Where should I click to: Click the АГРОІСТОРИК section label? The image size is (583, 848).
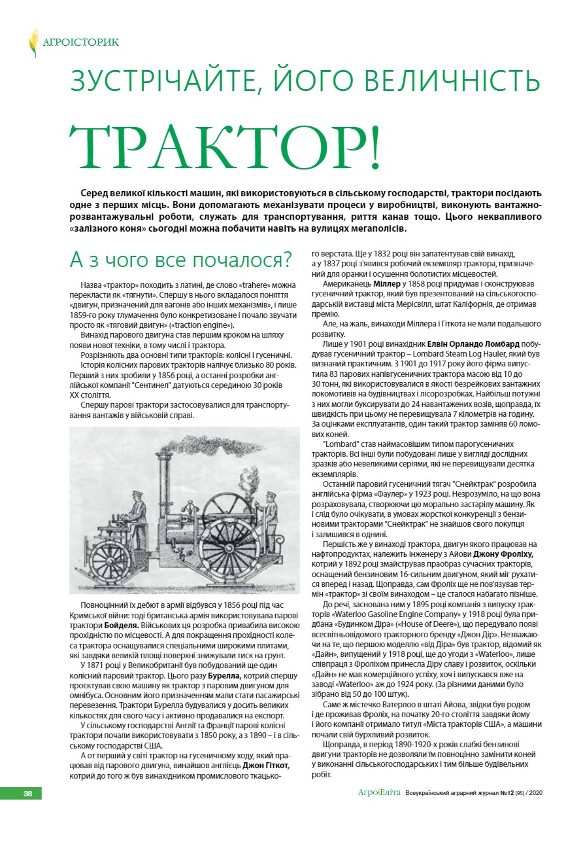coord(80,43)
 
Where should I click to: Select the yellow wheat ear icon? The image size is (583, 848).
coord(33,43)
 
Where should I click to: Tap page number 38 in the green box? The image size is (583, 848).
coord(27,793)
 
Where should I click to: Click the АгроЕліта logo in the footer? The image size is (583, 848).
coord(379,793)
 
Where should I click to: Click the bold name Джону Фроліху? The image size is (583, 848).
coord(508,554)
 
